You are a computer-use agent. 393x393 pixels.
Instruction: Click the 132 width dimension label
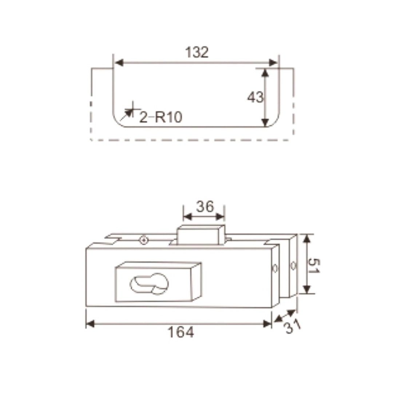tap(197, 52)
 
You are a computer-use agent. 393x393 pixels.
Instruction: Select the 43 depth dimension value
tap(255, 97)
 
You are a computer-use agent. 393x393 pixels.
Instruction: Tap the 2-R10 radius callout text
tap(160, 117)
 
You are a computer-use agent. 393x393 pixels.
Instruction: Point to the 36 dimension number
tap(204, 207)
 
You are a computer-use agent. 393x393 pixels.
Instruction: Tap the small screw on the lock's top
tap(144, 240)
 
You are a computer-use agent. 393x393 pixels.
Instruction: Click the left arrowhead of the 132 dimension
tap(119, 63)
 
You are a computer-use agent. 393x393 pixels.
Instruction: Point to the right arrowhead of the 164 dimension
tap(267, 323)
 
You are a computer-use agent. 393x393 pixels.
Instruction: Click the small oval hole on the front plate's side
tap(275, 269)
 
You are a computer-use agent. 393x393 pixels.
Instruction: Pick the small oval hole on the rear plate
tap(293, 266)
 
